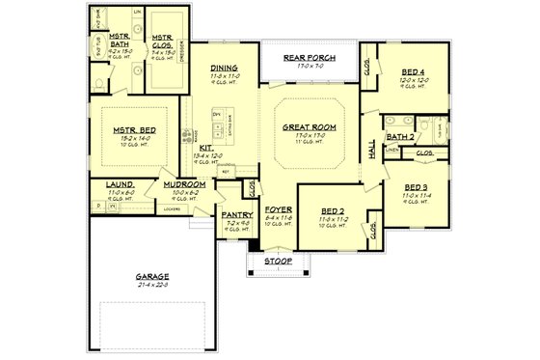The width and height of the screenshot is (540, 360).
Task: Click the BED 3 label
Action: (417, 187)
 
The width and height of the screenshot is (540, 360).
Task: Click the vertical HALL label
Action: (371, 149)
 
